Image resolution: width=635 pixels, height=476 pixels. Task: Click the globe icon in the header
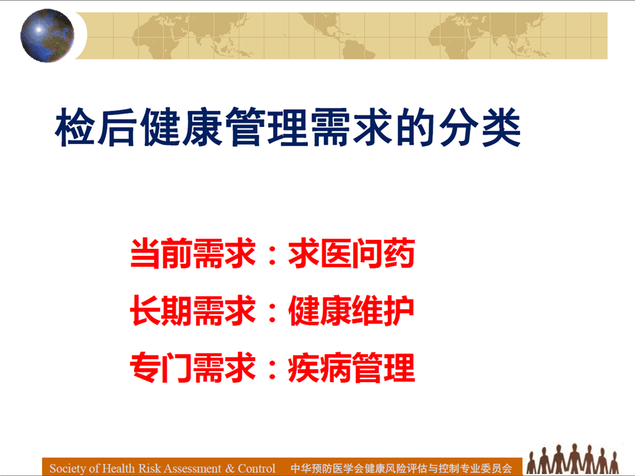tap(48, 36)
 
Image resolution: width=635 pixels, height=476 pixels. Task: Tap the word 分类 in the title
tap(480, 127)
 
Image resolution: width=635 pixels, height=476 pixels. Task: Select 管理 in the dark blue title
tap(266, 127)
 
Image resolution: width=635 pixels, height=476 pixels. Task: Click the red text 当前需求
tap(193, 253)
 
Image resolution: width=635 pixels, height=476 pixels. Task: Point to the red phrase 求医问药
tap(352, 253)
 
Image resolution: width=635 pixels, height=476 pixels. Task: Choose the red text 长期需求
tap(193, 310)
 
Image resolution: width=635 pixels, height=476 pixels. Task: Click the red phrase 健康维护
tap(352, 310)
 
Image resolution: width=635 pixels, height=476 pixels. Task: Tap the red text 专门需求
tap(193, 367)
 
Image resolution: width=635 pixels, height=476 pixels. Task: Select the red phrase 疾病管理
tap(352, 367)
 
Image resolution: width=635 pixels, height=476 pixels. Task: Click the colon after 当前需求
tap(272, 255)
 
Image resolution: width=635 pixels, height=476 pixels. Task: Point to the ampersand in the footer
tap(230, 468)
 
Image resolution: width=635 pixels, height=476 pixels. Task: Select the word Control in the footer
tap(257, 468)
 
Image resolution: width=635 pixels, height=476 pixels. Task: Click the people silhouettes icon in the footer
tap(572, 459)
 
